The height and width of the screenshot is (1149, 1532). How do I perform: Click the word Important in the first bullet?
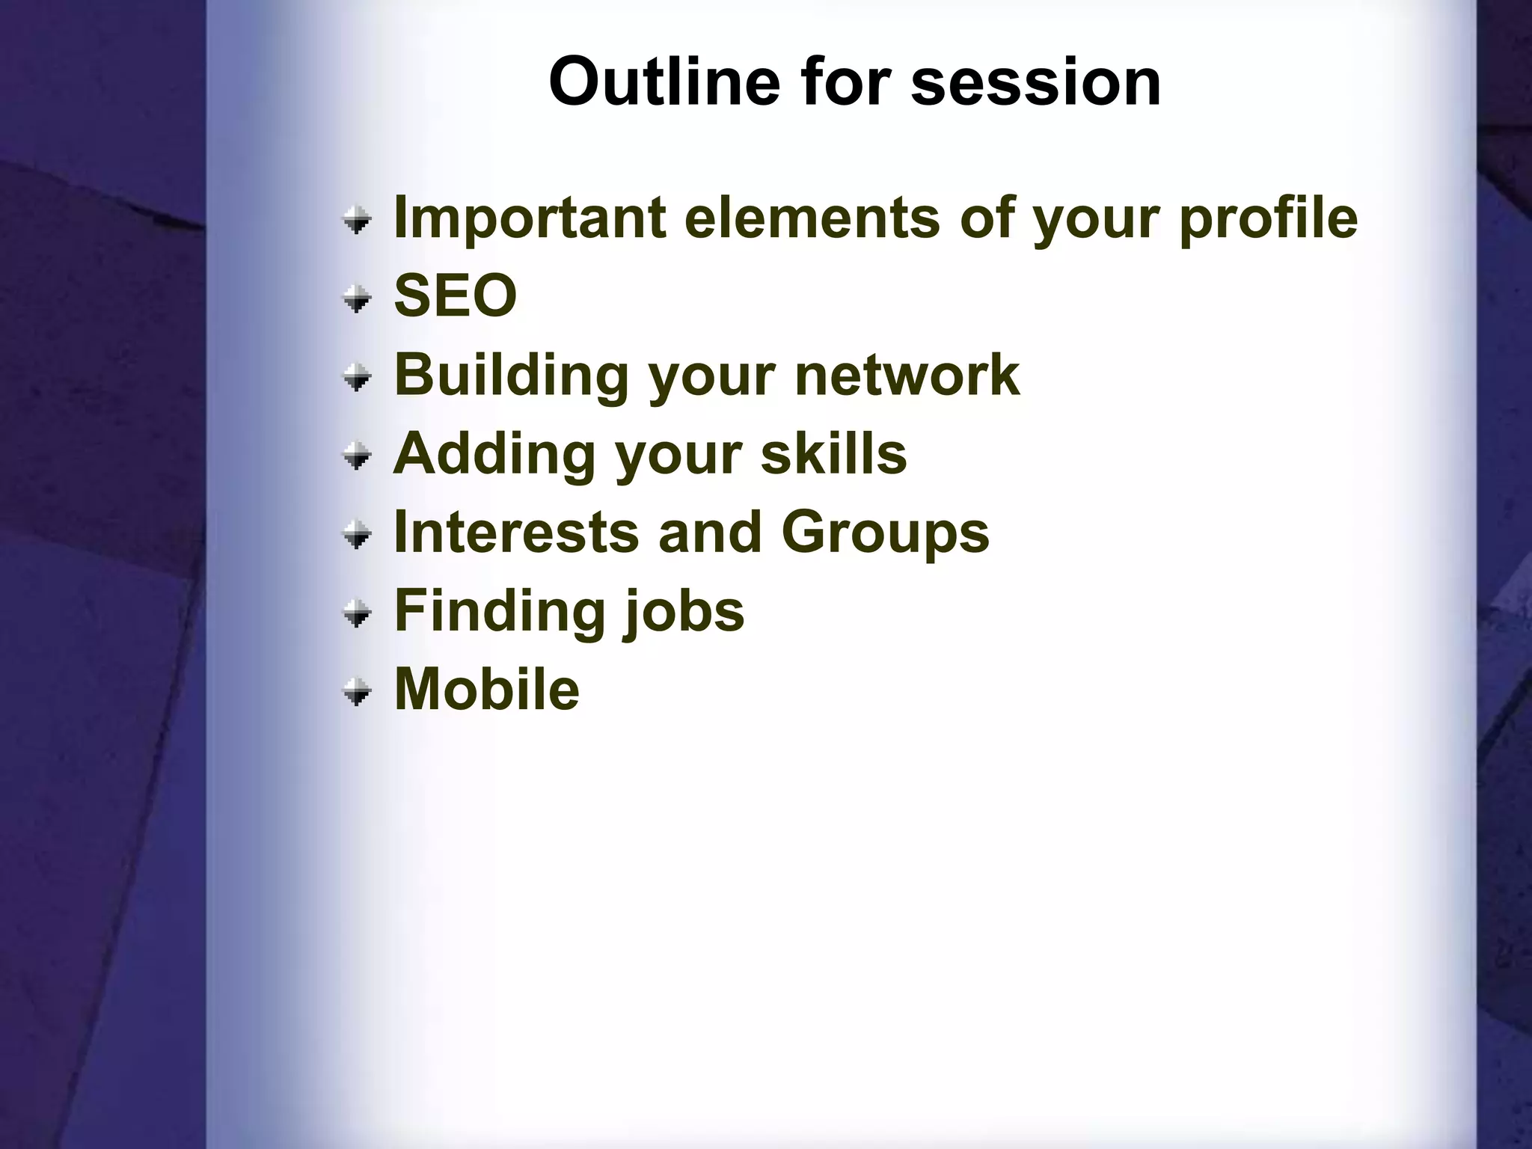click(x=530, y=218)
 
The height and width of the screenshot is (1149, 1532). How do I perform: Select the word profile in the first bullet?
click(x=1268, y=218)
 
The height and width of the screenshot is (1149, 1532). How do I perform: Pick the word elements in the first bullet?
click(x=811, y=218)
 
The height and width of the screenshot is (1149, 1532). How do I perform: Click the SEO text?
click(x=455, y=295)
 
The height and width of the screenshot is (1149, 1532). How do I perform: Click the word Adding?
click(x=494, y=453)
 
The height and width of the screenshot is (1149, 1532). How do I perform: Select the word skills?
click(x=833, y=453)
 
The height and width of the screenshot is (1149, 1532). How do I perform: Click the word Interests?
click(x=516, y=533)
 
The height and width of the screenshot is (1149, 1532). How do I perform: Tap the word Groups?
click(x=885, y=533)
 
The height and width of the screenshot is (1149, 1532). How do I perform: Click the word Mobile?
click(x=486, y=690)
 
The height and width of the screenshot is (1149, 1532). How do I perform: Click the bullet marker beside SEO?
click(x=358, y=299)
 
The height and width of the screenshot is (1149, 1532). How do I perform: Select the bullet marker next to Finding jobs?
click(x=358, y=613)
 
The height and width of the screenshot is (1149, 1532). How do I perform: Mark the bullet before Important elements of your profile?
click(x=358, y=221)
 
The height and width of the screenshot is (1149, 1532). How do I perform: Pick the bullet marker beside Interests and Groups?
click(x=358, y=535)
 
